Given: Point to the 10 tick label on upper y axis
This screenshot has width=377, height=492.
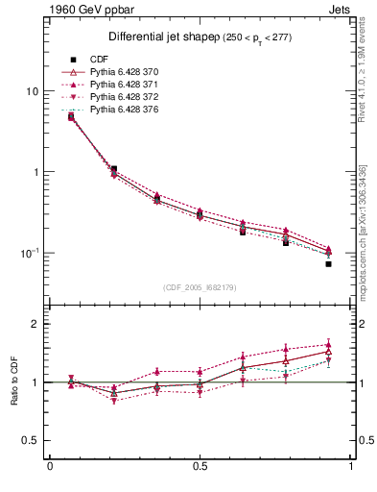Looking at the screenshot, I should (x=32, y=91).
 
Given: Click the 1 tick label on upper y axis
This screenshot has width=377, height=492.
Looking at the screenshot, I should (x=35, y=172).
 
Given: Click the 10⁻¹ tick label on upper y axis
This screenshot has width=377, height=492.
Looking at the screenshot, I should (x=30, y=253).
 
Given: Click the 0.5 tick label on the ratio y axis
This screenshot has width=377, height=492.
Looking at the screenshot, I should (x=32, y=440).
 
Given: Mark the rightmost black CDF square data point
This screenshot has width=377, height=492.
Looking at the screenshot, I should (x=328, y=263).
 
